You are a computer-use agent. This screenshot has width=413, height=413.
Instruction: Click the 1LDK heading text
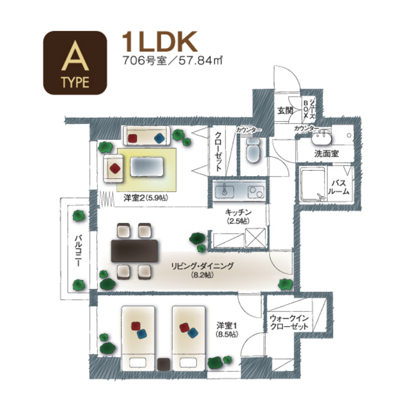(160, 42)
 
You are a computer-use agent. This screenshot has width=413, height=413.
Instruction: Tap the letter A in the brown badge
(75, 56)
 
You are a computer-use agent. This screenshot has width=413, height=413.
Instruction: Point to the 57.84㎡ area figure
(200, 61)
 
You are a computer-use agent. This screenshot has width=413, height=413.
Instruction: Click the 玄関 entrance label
(285, 110)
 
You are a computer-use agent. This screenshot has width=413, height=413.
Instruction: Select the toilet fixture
(253, 150)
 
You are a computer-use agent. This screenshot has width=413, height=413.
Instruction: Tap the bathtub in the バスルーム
(313, 184)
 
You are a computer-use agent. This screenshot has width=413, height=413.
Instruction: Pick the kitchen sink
(225, 191)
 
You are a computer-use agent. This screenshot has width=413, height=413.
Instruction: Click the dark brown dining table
(134, 250)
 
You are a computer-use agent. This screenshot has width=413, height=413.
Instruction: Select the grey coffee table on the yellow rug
(147, 166)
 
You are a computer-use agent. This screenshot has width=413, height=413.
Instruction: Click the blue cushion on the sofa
(159, 138)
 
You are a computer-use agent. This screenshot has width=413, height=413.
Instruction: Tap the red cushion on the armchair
(115, 168)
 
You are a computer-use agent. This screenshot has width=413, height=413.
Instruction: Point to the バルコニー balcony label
(78, 251)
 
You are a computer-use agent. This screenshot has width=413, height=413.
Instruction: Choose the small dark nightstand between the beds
(164, 364)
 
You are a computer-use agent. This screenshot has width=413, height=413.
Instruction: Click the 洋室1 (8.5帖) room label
(227, 330)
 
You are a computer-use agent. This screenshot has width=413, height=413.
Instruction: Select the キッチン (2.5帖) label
(238, 216)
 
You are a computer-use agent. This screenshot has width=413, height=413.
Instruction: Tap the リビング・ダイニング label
(202, 266)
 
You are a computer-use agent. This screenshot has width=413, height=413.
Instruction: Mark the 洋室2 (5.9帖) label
(146, 198)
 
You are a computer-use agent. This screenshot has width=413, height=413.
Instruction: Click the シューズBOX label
(309, 108)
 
